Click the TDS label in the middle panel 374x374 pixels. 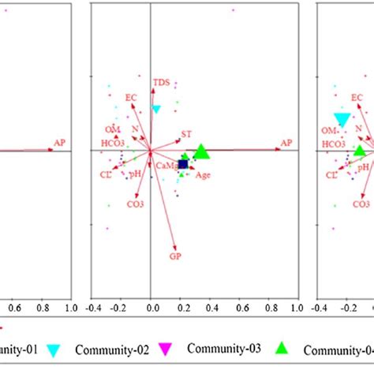(161, 82)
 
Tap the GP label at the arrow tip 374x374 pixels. (175, 256)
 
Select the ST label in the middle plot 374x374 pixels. (186, 134)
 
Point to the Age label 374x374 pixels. (203, 175)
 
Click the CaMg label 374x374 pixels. (166, 166)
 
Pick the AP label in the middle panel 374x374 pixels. (286, 143)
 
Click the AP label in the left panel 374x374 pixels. (59, 143)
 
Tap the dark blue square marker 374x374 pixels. (183, 164)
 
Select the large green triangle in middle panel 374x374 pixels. (201, 151)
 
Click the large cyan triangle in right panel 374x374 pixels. (342, 120)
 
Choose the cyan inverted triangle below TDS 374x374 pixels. (156, 110)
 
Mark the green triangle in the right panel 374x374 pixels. (360, 151)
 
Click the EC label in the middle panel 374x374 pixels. (131, 98)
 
